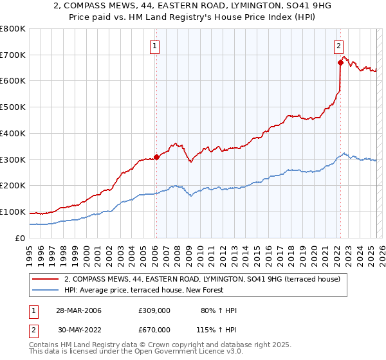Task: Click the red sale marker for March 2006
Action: point(156,157)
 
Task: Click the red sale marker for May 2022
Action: point(340,62)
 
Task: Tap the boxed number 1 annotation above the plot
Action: point(156,45)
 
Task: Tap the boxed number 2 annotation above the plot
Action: point(338,45)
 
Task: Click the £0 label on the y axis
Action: point(21,239)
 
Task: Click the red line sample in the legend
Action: point(46,279)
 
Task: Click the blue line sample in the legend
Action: point(46,290)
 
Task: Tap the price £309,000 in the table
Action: point(154,310)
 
